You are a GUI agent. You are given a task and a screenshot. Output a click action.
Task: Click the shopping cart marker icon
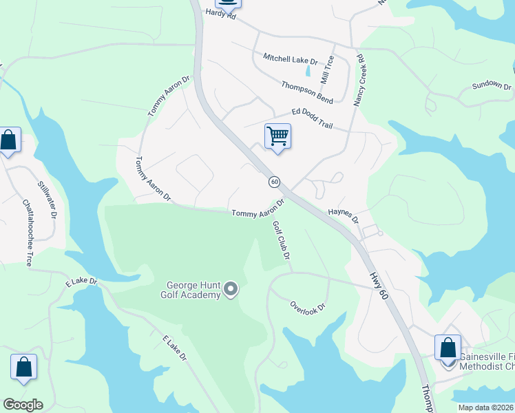click(x=277, y=136)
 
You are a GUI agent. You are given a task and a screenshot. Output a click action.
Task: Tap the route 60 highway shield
click(x=275, y=182)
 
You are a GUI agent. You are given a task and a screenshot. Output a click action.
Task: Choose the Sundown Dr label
click(x=492, y=86)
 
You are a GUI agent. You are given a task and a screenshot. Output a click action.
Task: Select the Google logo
click(x=23, y=404)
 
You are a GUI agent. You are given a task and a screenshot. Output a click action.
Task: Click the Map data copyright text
click(x=486, y=407)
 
